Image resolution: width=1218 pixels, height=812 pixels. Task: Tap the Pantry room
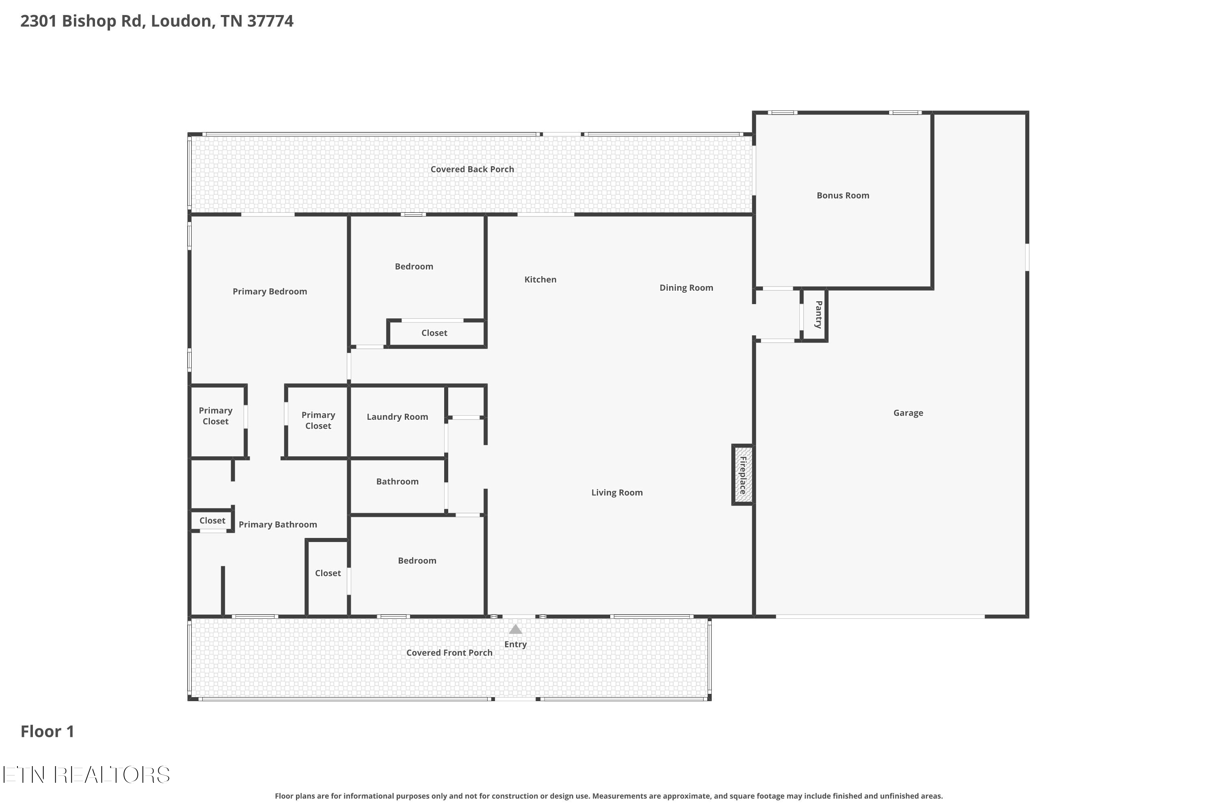pyautogui.click(x=814, y=315)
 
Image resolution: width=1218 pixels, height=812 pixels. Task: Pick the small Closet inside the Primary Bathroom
pyautogui.click(x=212, y=520)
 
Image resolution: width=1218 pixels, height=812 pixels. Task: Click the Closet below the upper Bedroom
pyautogui.click(x=436, y=333)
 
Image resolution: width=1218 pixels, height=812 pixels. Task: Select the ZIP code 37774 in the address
pyautogui.click(x=270, y=21)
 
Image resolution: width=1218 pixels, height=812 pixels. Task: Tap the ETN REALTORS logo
pyautogui.click(x=86, y=775)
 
